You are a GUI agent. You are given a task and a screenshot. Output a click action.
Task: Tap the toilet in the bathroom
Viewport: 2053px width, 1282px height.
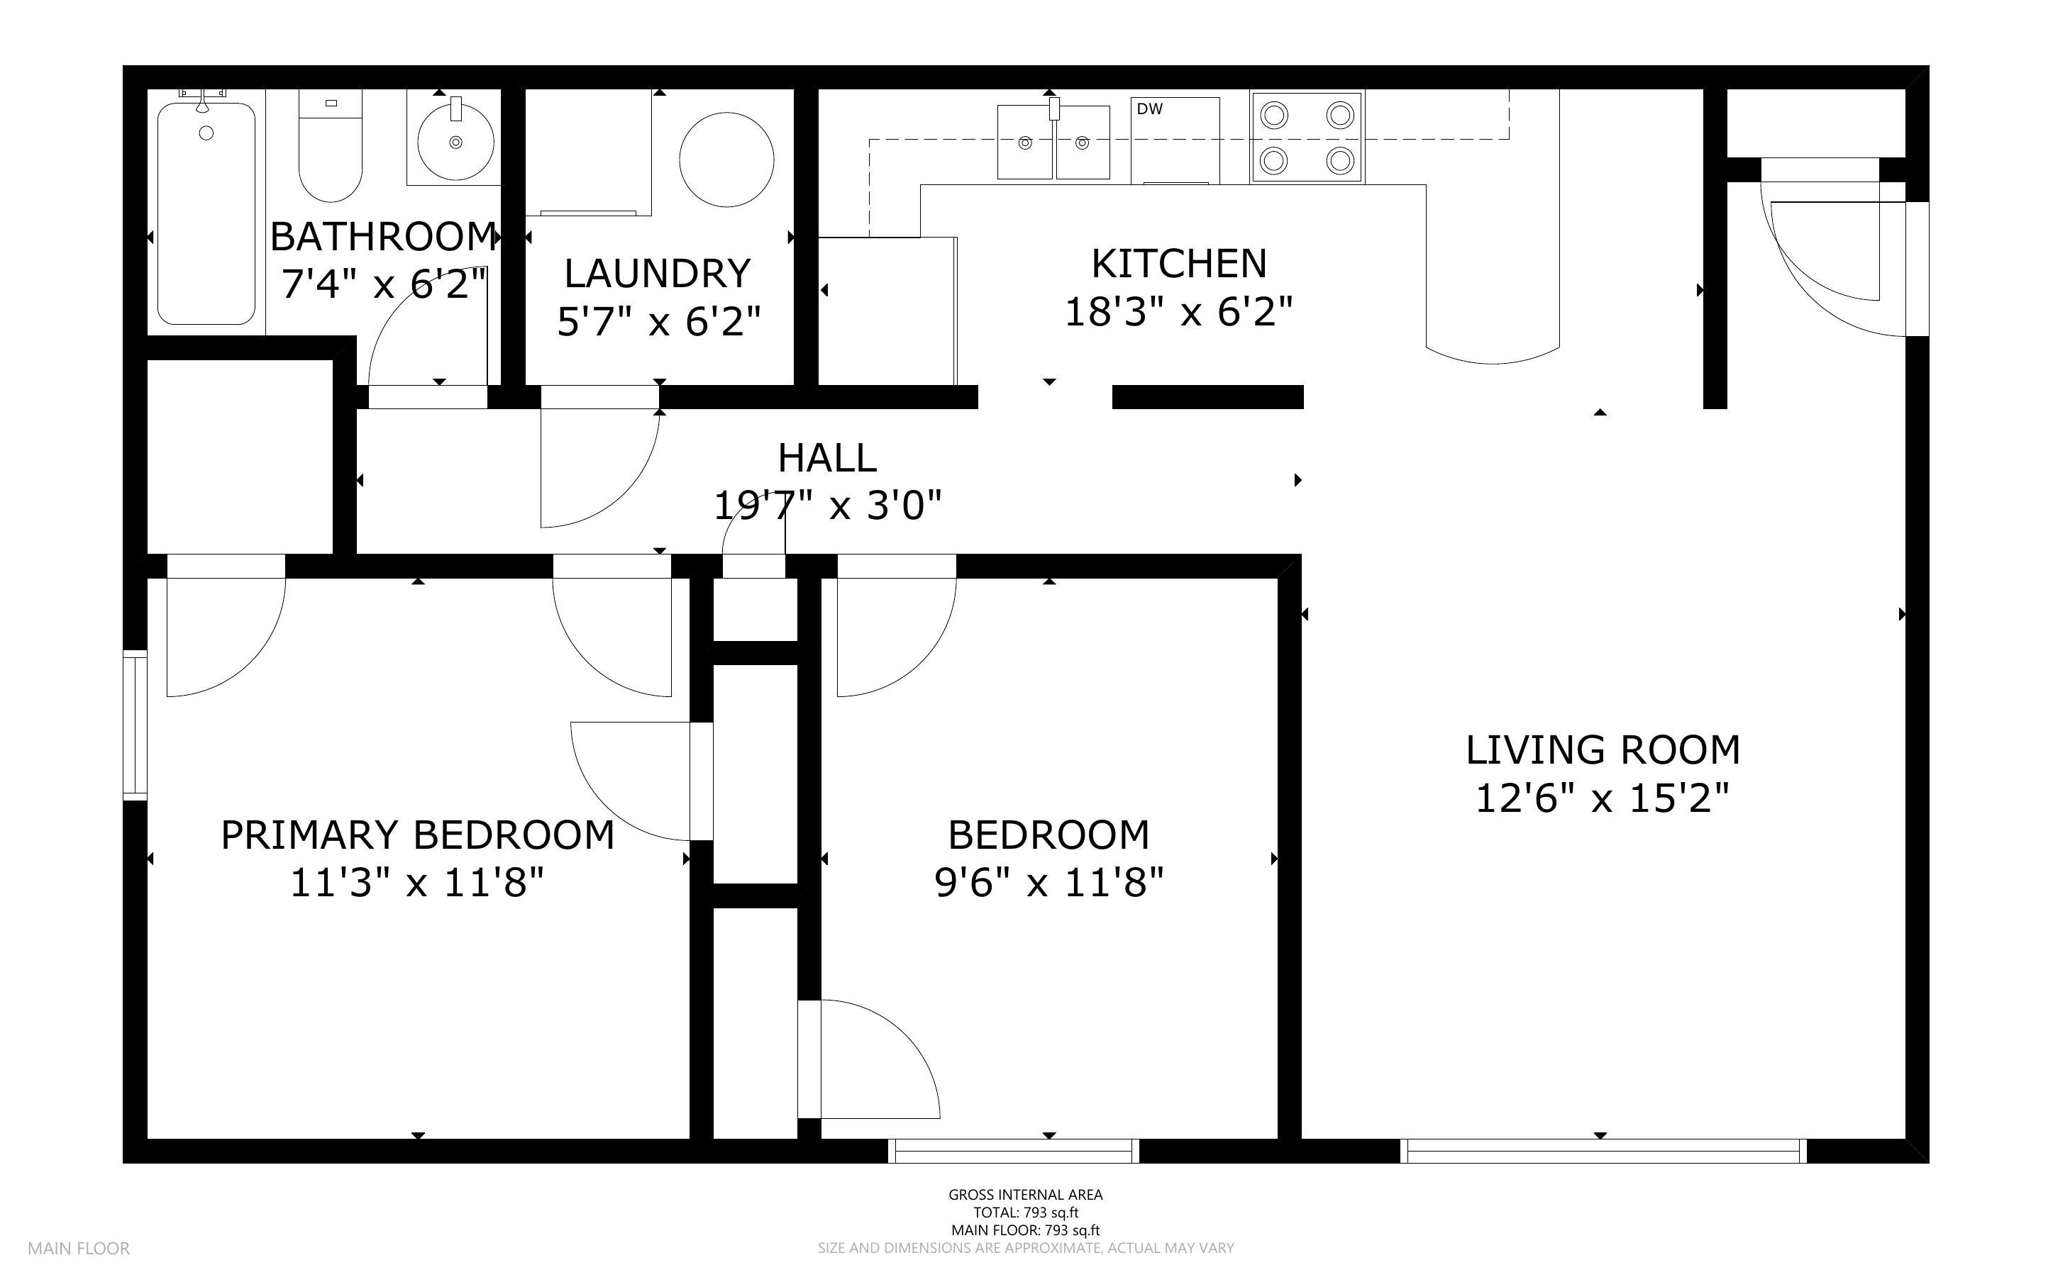point(330,148)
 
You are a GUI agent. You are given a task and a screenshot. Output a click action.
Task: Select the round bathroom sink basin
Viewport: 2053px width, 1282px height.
point(455,143)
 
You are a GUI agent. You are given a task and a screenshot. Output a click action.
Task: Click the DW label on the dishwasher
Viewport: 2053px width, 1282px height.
point(1149,109)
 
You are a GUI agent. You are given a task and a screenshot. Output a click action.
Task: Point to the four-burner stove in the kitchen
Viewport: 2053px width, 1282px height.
point(1306,138)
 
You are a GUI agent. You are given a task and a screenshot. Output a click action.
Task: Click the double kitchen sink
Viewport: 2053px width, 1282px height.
point(1053,143)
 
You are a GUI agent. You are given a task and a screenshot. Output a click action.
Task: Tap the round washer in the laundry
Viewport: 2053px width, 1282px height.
point(726,160)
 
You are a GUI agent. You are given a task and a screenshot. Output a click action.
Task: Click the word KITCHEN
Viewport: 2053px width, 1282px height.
point(1179,264)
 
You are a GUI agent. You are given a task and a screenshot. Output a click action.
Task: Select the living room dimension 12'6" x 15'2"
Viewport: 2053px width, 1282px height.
point(1602,798)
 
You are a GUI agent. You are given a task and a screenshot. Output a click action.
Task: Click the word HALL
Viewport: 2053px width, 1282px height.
point(826,459)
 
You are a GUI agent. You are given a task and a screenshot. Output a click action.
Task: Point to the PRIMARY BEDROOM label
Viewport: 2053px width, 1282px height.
point(417,835)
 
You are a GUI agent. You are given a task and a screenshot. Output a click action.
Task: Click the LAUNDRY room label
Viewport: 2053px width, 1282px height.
point(657,274)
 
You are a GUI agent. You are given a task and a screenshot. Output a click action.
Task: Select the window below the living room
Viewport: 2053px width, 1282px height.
point(1602,1151)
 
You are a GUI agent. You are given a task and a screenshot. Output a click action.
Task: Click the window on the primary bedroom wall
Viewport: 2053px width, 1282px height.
point(135,725)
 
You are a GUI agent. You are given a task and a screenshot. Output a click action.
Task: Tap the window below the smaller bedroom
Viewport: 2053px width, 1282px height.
point(1013,1151)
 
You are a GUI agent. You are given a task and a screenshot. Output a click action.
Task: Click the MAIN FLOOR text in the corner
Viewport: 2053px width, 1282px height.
point(78,1248)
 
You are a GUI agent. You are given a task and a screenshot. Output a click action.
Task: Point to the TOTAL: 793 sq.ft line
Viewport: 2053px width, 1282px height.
point(1025,1213)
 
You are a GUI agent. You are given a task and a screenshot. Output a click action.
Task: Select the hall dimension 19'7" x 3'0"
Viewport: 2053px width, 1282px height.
point(826,507)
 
